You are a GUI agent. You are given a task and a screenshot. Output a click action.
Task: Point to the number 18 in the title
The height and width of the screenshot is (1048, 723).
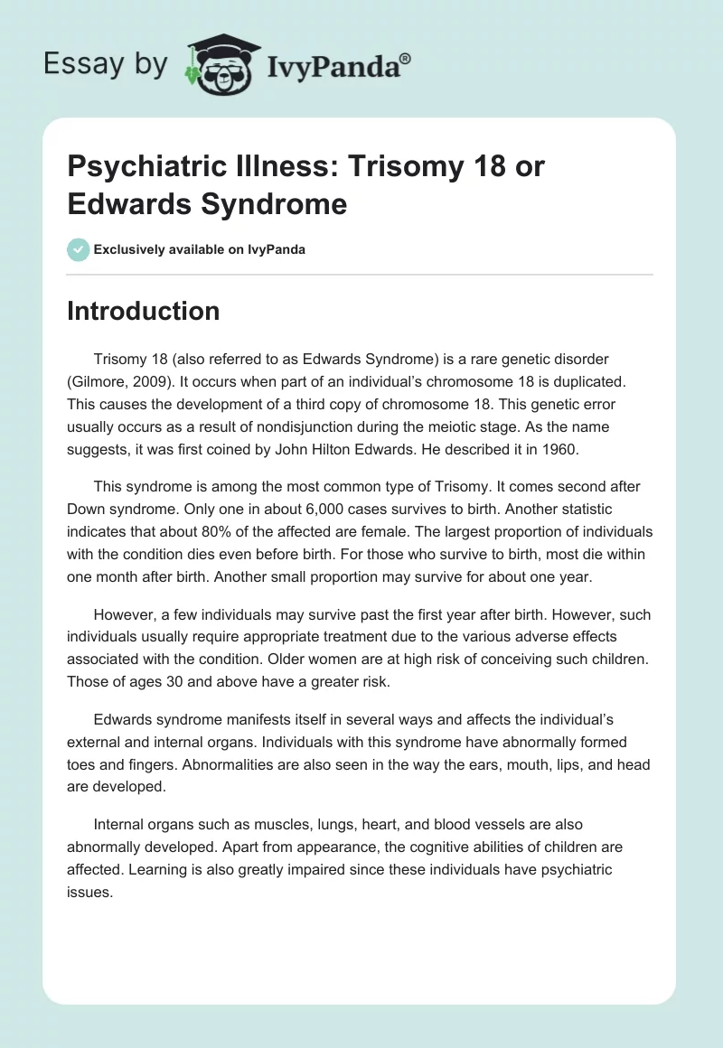tap(466, 167)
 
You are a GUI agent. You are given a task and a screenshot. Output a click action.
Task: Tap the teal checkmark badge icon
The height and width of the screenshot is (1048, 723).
tap(79, 249)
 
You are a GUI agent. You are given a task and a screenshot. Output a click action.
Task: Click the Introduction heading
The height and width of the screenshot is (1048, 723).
tap(143, 311)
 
